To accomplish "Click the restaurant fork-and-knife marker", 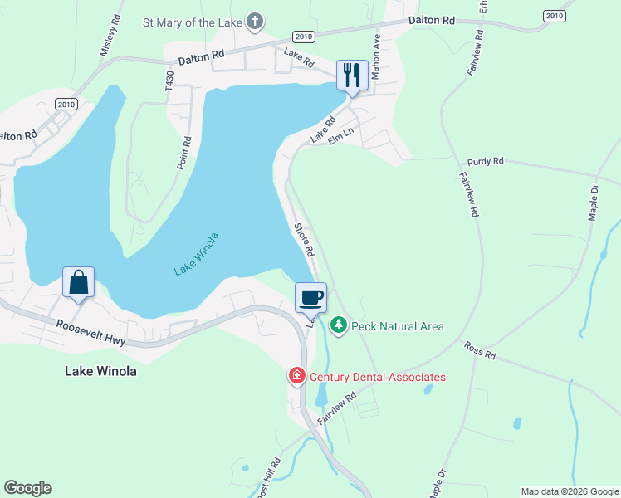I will tap(351, 76).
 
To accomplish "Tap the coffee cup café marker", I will tap(311, 297).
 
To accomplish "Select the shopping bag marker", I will tap(78, 282).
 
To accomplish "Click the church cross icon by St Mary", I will tap(256, 22).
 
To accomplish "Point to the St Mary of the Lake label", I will tap(192, 22).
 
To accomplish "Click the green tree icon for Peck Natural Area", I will tap(338, 325).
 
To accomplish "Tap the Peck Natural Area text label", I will tap(397, 326).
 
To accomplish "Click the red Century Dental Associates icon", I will tap(296, 377).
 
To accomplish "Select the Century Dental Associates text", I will tap(377, 377).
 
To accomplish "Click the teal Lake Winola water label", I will tap(197, 254).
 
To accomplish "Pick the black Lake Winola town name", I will tap(100, 371).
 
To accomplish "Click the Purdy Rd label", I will tap(486, 161).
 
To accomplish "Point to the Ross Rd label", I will tap(479, 350).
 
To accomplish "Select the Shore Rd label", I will tap(303, 239).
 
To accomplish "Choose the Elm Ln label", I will tap(340, 135).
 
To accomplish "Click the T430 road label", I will tap(169, 82).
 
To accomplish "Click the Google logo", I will tap(27, 488).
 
